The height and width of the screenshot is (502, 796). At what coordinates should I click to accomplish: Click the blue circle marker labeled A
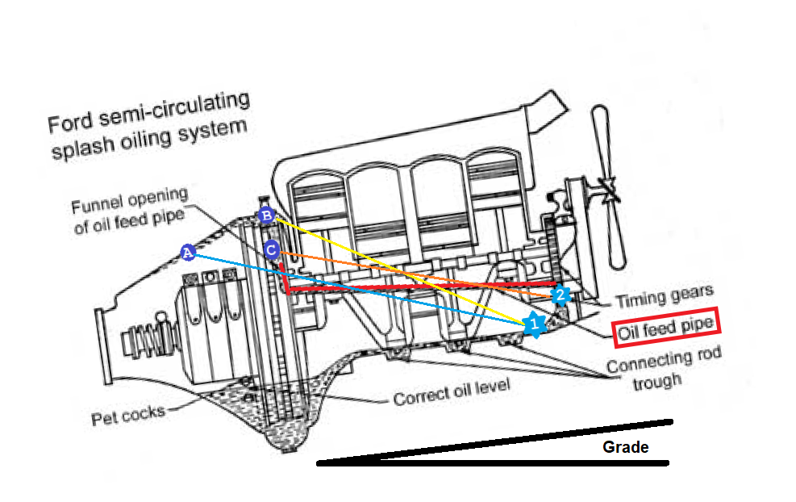[187, 252]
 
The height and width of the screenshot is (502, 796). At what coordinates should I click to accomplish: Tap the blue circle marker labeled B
[266, 215]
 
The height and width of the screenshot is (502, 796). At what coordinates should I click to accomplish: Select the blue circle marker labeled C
[272, 249]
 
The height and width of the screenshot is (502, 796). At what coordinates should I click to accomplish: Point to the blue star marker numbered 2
[561, 295]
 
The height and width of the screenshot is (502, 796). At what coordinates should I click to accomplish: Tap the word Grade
[626, 447]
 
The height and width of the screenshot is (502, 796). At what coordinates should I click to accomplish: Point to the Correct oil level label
[452, 393]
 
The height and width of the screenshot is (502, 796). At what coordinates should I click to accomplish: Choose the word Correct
[419, 397]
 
